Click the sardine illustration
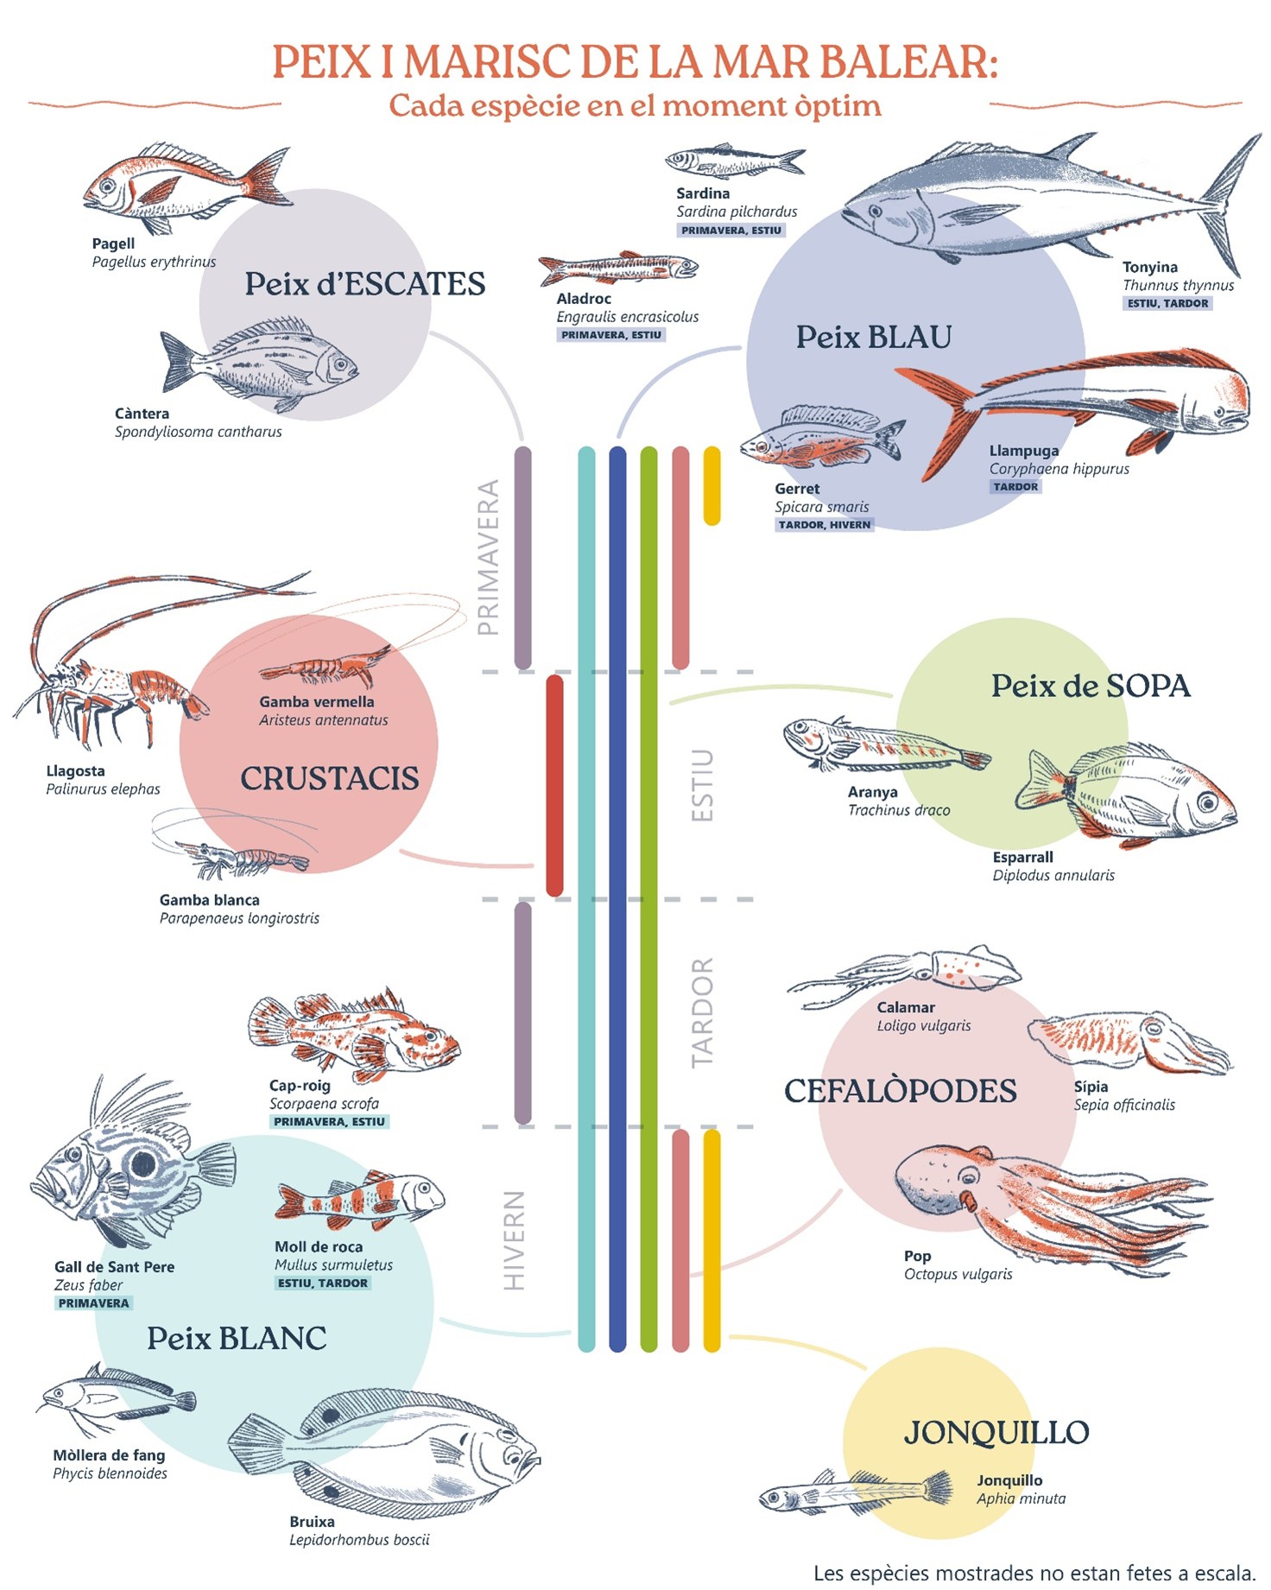point(733,160)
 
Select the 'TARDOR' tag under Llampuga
point(1015,487)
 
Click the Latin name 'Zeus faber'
point(88,1285)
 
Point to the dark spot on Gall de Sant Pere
point(143,1163)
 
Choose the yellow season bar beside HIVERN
point(711,1240)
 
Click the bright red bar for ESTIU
point(554,785)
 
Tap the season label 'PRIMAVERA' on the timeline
point(489,557)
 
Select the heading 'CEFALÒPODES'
point(900,1091)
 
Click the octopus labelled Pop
point(1036,1200)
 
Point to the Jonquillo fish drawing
point(855,1492)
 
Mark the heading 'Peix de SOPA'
point(1090,687)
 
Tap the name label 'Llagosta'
point(75,771)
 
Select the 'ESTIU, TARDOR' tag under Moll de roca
point(323,1283)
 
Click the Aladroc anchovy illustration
point(618,269)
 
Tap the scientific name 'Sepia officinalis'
point(1124,1105)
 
